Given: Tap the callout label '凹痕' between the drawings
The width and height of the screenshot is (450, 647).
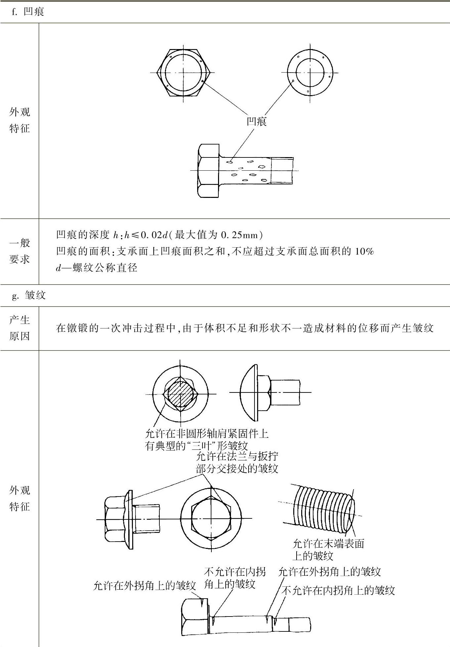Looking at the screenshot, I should (x=256, y=121).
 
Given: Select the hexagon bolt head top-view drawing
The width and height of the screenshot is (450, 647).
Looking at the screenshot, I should (x=183, y=73).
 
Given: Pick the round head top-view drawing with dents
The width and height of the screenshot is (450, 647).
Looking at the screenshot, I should (x=310, y=73).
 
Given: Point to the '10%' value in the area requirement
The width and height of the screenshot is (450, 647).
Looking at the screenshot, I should (x=364, y=251).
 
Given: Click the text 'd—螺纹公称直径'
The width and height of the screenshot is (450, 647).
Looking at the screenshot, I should (x=96, y=267).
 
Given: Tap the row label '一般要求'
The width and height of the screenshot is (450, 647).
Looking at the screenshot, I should (x=20, y=251).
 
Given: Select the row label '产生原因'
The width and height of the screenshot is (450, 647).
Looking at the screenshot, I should (x=20, y=328).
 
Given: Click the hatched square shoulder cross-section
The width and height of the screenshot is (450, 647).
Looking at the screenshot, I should (x=180, y=394).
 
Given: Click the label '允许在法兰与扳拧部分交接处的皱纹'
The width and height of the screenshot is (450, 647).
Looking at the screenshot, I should (x=237, y=462).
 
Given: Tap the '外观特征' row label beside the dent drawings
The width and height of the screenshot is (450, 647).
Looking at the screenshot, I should (x=20, y=120).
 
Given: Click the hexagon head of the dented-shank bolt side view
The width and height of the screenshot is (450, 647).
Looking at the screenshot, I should (x=208, y=170).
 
